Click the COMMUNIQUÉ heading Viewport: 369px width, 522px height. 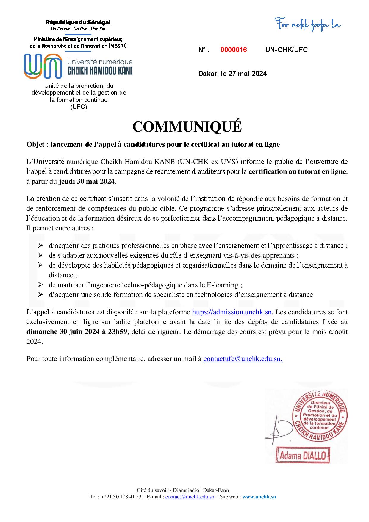click(x=187, y=127)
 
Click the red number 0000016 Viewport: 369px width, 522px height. click(x=234, y=50)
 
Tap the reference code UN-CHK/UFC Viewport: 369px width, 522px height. click(x=286, y=50)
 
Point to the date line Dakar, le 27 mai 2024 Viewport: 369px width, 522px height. click(x=232, y=74)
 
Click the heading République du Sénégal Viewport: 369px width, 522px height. click(x=78, y=22)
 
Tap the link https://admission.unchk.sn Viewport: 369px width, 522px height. click(x=232, y=312)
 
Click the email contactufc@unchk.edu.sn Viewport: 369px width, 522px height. click(x=243, y=359)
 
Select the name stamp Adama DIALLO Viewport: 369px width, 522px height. click(x=303, y=455)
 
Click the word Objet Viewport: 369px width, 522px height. click(x=35, y=145)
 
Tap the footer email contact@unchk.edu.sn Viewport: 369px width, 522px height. click(x=190, y=497)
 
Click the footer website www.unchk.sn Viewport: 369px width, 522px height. click(x=259, y=497)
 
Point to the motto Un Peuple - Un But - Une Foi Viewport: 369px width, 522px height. click(x=78, y=29)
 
